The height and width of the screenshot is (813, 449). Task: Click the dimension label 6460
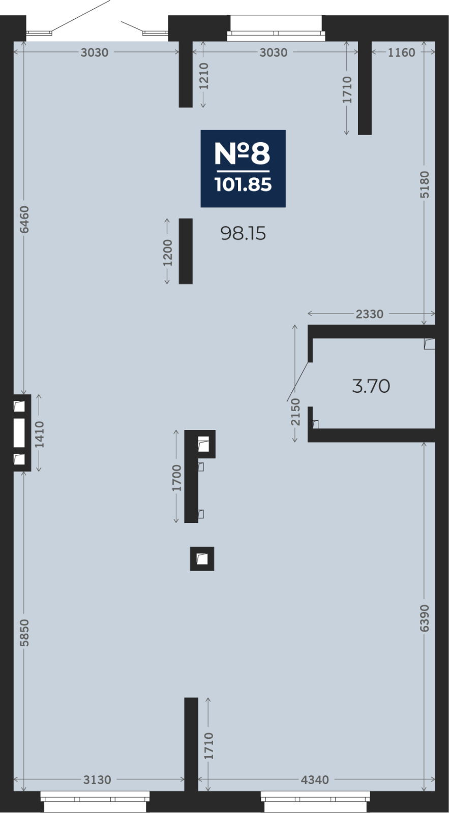[x=24, y=220]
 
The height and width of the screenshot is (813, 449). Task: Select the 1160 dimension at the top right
[x=401, y=53]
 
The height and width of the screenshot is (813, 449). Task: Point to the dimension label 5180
[x=424, y=185]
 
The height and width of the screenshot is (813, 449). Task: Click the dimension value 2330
[x=370, y=314]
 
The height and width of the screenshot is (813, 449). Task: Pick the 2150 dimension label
[x=296, y=412]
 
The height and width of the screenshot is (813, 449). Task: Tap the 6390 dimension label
[x=424, y=618]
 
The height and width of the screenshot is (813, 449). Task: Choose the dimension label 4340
[x=315, y=779]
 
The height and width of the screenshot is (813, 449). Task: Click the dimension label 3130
[x=97, y=779]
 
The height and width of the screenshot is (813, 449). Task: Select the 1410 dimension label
[x=39, y=434]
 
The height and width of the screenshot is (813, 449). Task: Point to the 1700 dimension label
[x=176, y=478]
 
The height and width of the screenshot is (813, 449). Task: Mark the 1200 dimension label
[x=167, y=253]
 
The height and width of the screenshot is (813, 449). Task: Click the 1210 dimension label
[x=204, y=76]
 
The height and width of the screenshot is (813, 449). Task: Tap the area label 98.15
[x=243, y=233]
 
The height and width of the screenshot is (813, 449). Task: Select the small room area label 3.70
[x=371, y=386]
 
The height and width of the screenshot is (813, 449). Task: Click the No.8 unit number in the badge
[x=243, y=153]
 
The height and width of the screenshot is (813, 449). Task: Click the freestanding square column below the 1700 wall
[x=202, y=559]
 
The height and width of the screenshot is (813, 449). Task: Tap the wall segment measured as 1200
[x=186, y=251]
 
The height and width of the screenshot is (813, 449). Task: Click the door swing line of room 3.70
[x=297, y=381]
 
